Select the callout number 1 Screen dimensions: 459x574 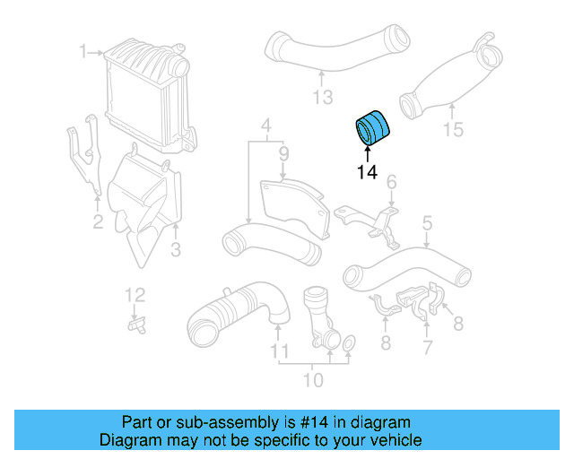83,52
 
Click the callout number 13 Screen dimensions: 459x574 322,97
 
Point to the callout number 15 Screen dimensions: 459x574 453,130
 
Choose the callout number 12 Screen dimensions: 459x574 134,294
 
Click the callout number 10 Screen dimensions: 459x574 313,380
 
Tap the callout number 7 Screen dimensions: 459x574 427,344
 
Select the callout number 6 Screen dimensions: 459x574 391,184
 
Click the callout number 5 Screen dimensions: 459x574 427,221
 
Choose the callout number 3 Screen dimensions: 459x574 176,248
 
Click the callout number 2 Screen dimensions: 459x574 98,221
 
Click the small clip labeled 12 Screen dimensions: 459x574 136,325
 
